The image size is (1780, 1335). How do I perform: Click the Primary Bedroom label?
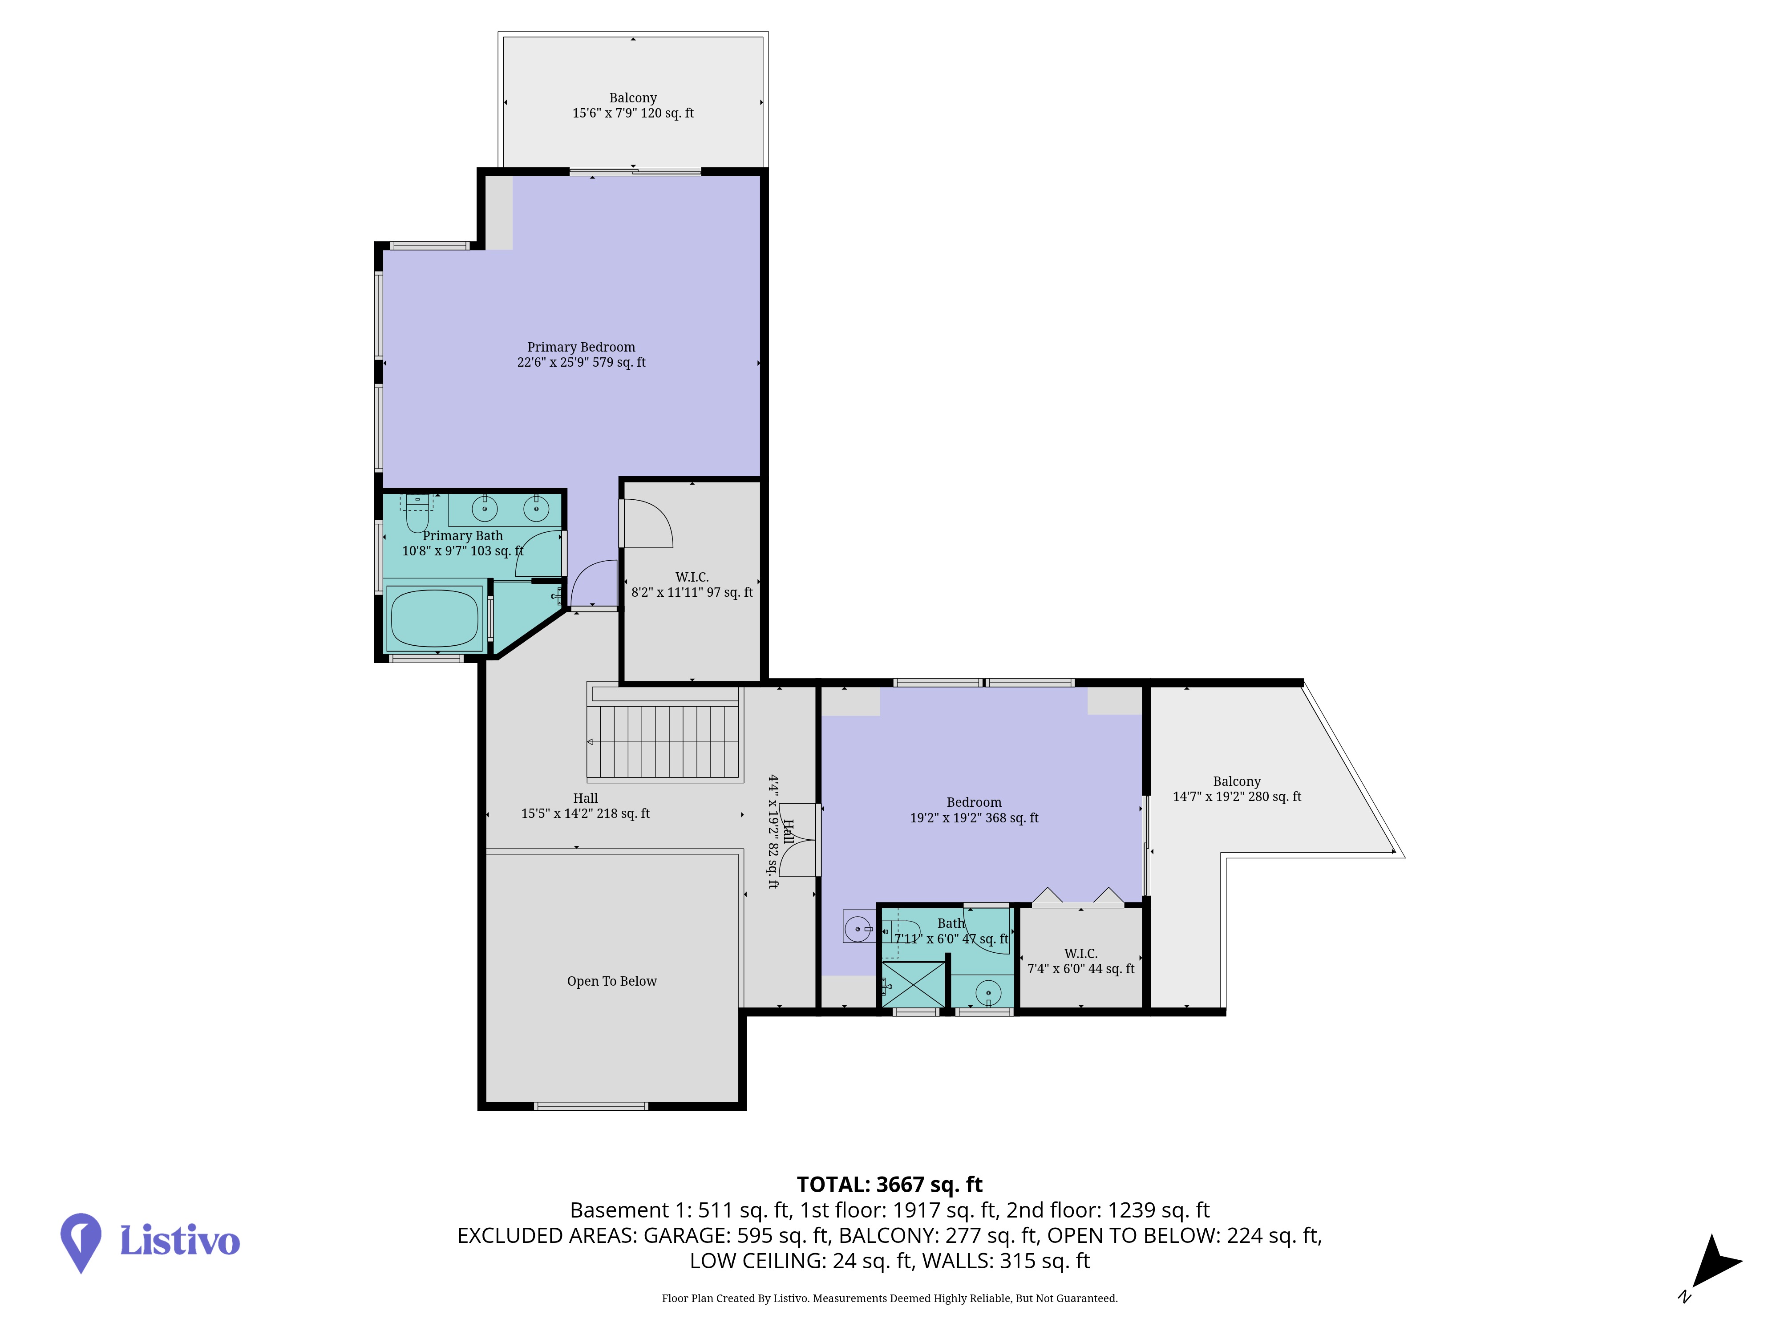(581, 355)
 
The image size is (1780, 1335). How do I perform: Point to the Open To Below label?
(611, 981)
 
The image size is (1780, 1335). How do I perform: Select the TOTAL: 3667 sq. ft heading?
(889, 1185)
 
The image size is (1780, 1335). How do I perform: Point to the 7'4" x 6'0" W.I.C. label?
(1081, 961)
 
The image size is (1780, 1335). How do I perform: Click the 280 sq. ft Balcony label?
(1237, 789)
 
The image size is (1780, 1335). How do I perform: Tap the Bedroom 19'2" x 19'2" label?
(974, 809)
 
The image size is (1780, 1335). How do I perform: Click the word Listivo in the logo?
(179, 1240)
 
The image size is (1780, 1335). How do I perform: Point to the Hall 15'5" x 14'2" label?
(585, 805)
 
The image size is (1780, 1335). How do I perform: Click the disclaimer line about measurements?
(889, 1298)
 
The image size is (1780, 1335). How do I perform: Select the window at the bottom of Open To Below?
(591, 1106)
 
